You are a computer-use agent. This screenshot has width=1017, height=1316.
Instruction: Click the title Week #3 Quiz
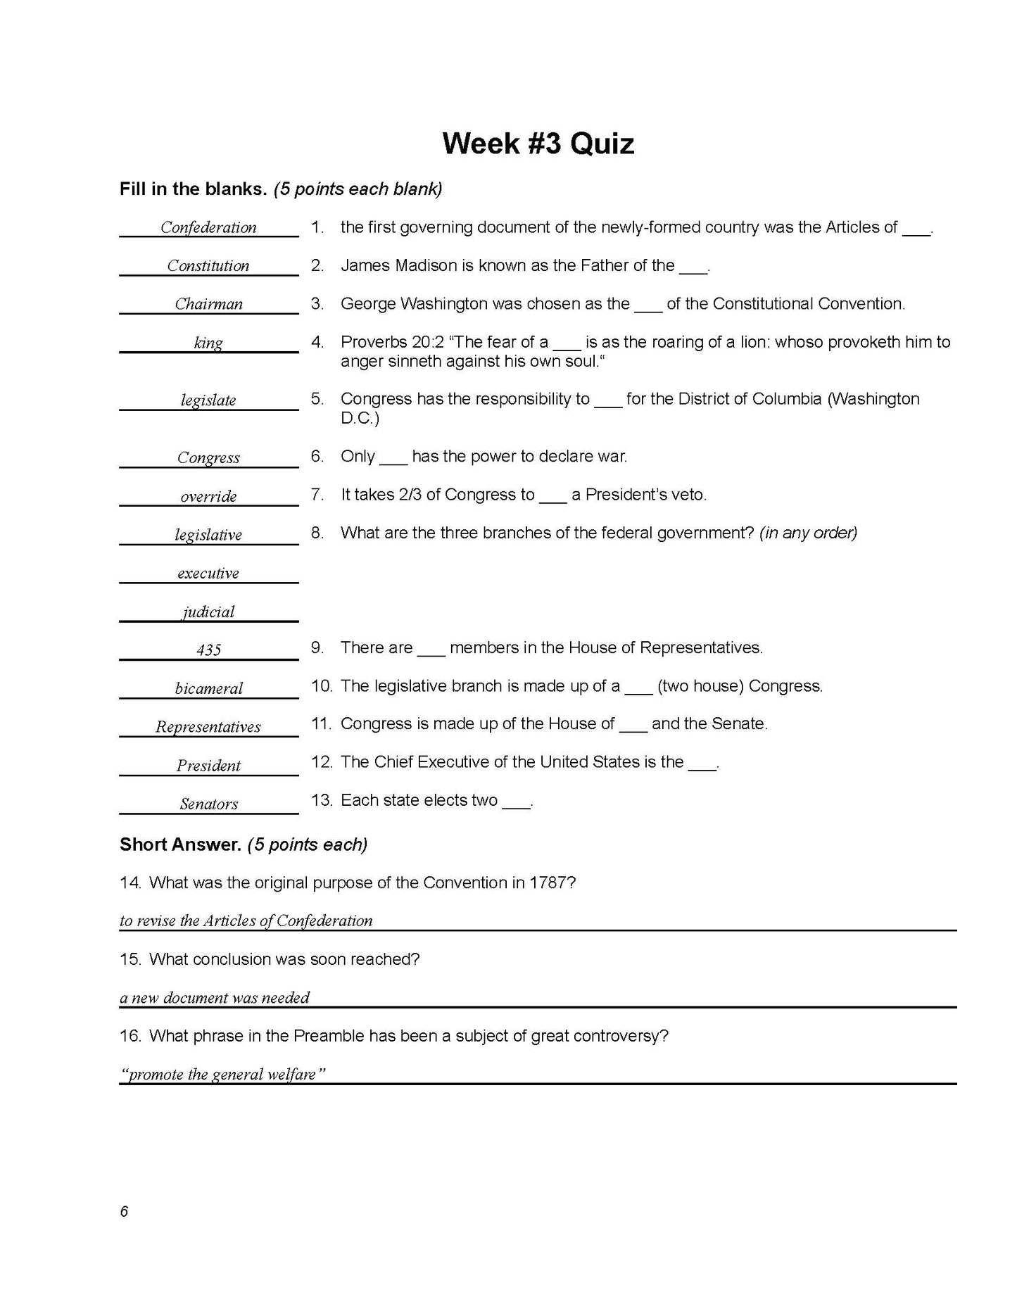click(x=538, y=144)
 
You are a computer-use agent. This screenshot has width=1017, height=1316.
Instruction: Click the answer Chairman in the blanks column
click(x=208, y=304)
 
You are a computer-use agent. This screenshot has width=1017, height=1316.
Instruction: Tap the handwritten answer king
click(x=208, y=343)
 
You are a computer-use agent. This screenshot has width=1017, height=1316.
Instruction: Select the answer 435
click(x=208, y=650)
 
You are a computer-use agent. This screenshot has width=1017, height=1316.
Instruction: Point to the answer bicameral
click(x=208, y=688)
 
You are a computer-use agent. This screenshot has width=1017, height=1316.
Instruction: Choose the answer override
click(x=208, y=496)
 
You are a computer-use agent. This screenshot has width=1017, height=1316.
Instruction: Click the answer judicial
click(x=208, y=612)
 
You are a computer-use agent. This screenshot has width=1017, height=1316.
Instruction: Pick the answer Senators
click(x=208, y=804)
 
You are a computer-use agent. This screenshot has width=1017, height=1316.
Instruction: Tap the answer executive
click(x=208, y=573)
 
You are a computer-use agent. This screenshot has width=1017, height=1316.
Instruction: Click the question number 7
click(x=317, y=495)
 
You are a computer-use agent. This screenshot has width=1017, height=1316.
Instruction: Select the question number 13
click(x=321, y=800)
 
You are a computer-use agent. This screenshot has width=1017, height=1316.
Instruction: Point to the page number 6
click(x=124, y=1211)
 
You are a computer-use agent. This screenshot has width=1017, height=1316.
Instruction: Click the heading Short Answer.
click(x=180, y=844)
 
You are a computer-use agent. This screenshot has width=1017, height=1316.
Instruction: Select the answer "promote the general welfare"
click(x=222, y=1075)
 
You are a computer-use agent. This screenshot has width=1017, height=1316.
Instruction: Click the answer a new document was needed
click(x=215, y=997)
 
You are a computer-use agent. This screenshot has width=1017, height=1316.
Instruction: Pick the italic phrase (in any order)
click(x=808, y=533)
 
